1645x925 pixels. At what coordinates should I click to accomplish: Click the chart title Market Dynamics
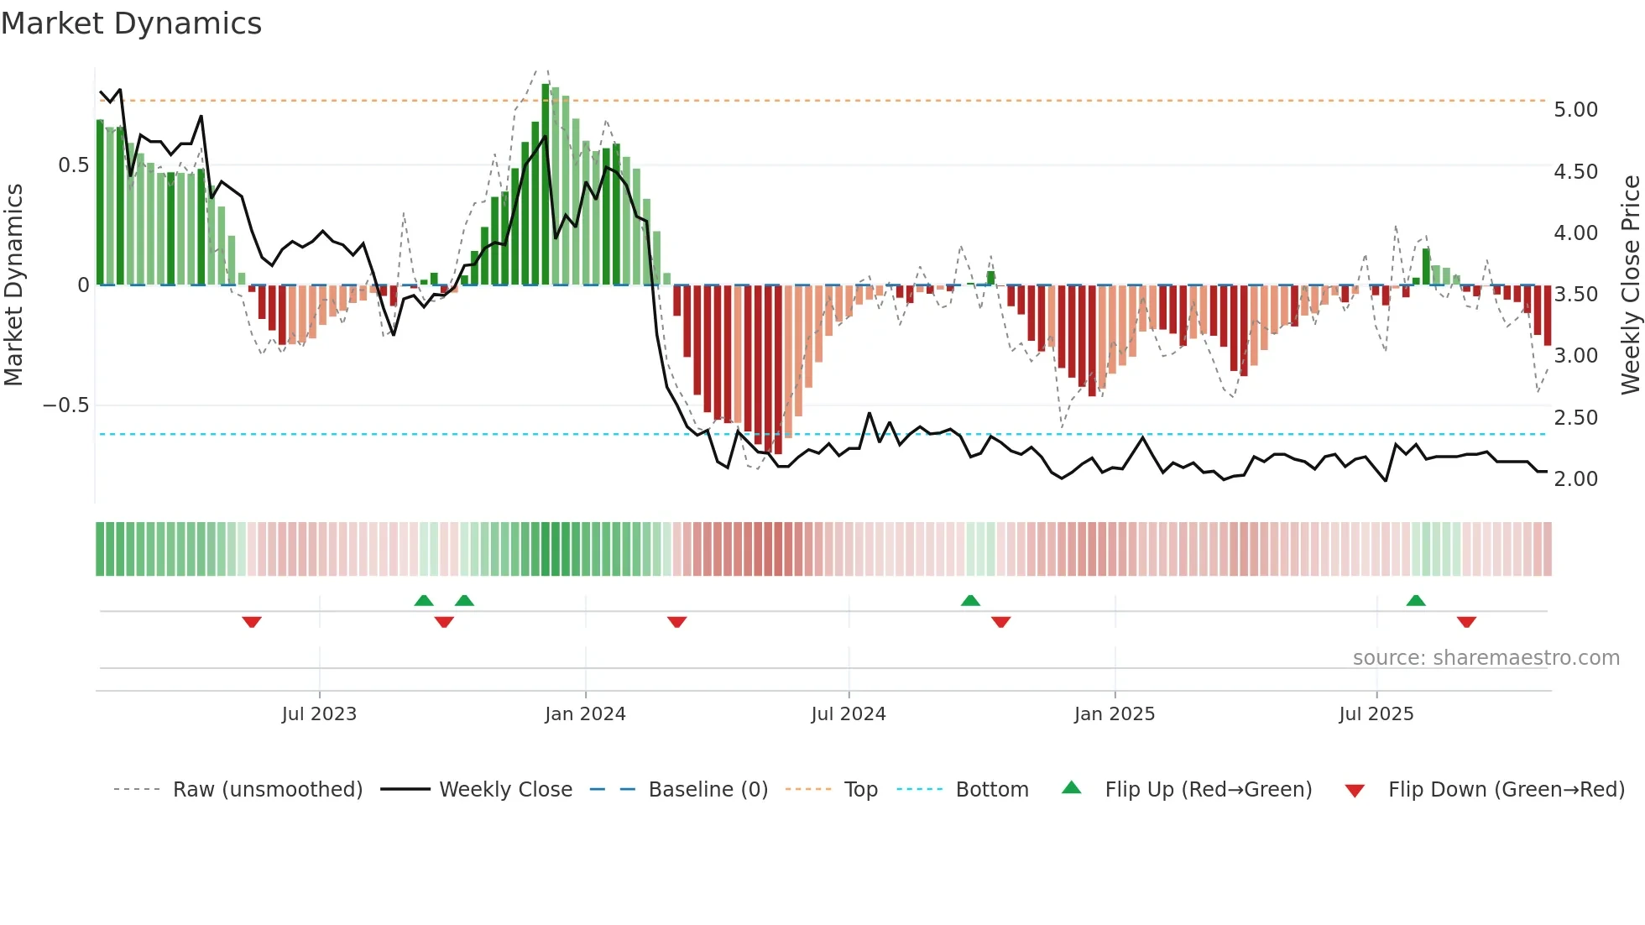point(132,24)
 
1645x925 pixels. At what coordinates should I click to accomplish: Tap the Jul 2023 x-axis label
point(319,714)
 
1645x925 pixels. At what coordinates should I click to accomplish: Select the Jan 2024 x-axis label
point(585,714)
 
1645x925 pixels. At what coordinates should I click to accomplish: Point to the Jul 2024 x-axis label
point(848,714)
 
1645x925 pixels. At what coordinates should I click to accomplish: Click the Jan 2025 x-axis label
point(1114,714)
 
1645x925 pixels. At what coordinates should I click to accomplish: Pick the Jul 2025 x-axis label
point(1376,714)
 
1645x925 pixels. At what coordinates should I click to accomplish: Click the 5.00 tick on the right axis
point(1575,110)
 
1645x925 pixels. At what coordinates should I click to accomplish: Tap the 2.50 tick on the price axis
point(1575,418)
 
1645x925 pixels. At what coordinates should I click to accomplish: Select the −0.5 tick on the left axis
point(65,405)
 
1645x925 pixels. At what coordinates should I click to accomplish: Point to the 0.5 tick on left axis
point(73,165)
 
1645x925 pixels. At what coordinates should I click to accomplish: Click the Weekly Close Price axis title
point(1630,285)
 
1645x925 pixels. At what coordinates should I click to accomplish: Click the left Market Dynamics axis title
point(13,285)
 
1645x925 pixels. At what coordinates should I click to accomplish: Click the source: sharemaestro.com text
point(1486,658)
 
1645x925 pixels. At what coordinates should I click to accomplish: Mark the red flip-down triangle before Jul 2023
point(252,622)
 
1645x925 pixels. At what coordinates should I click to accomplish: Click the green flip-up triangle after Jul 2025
point(1416,600)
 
